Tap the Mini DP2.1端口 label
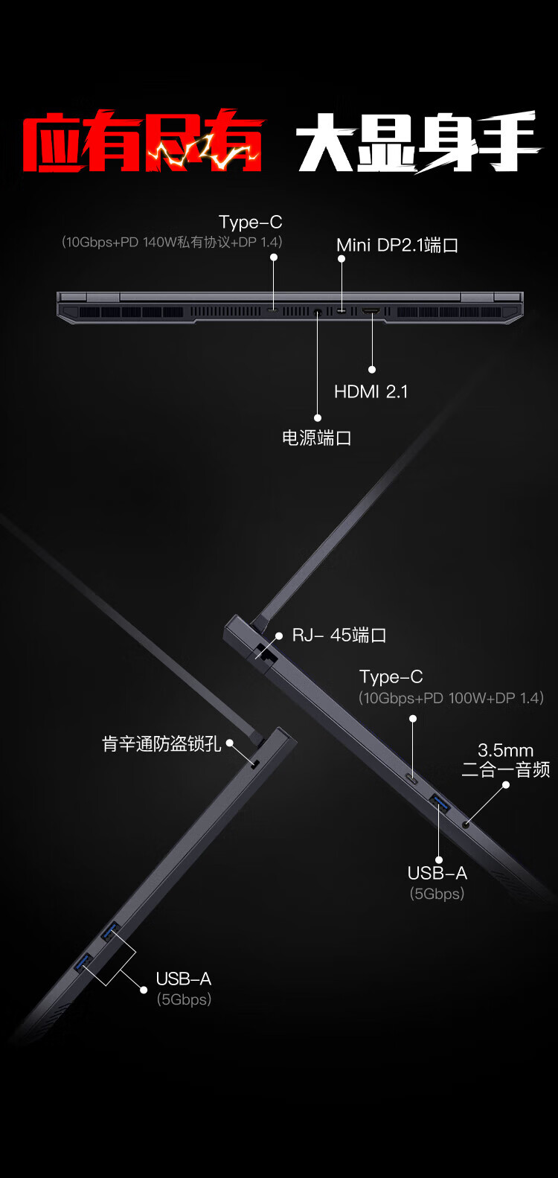tap(397, 246)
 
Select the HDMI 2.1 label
tap(371, 391)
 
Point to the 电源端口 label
tap(316, 438)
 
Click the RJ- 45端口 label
tap(339, 635)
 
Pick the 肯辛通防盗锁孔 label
tap(161, 743)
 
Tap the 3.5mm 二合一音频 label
tap(505, 760)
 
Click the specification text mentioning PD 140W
tap(172, 243)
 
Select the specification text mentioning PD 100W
tap(451, 698)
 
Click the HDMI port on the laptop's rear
tap(371, 311)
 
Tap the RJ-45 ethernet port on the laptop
tap(265, 653)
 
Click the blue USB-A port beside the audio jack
tap(440, 803)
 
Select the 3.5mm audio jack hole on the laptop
tap(466, 824)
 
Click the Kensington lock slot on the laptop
tap(255, 764)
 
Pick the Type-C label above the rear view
tap(250, 223)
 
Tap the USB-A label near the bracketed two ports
tap(183, 979)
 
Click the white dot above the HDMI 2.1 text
tap(371, 369)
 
